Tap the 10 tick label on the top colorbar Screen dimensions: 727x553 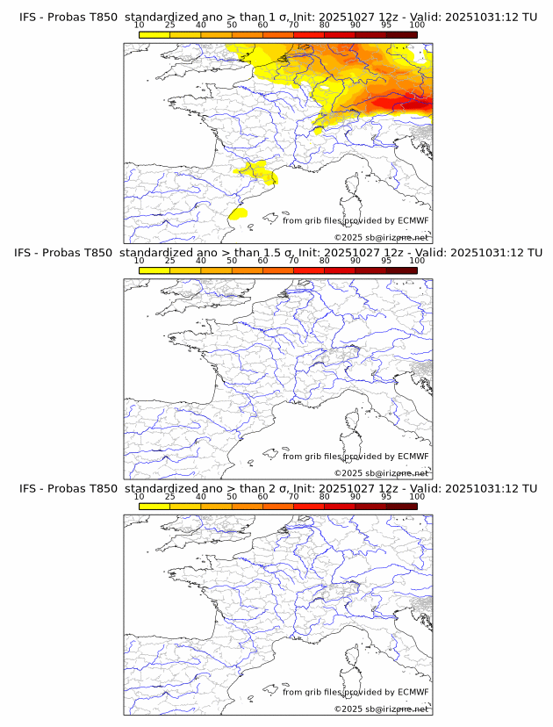[140, 25]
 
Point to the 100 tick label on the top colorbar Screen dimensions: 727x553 [416, 25]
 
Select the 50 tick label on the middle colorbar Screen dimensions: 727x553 [232, 261]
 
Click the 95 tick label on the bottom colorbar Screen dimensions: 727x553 [386, 497]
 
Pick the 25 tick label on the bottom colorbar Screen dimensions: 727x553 [170, 497]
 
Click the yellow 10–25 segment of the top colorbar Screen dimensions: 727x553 [154, 35]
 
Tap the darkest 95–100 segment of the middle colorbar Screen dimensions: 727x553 [401, 270]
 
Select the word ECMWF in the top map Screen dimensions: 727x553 [413, 220]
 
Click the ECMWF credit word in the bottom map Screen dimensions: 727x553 [413, 692]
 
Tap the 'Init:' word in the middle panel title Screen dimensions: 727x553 [312, 253]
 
